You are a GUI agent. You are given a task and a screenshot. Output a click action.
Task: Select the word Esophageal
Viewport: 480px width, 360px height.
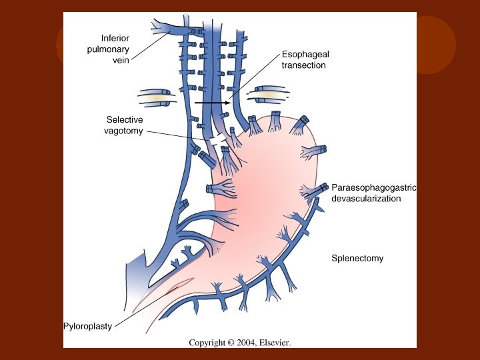coord(306,55)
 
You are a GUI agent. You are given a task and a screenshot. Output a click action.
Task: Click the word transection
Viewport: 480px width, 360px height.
coord(304,65)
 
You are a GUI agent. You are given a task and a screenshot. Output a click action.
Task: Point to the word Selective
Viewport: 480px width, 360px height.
coord(125,119)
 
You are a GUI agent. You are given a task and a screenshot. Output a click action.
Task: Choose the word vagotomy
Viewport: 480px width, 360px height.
coord(123,131)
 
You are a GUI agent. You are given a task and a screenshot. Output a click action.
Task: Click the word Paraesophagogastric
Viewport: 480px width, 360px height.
coord(373,187)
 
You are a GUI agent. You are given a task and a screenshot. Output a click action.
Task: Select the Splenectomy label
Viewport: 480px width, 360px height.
coord(357,258)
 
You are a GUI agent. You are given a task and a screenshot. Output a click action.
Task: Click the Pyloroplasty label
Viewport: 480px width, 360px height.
coord(87,327)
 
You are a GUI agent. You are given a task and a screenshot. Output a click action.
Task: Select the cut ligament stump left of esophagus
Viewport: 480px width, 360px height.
coord(158,97)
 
